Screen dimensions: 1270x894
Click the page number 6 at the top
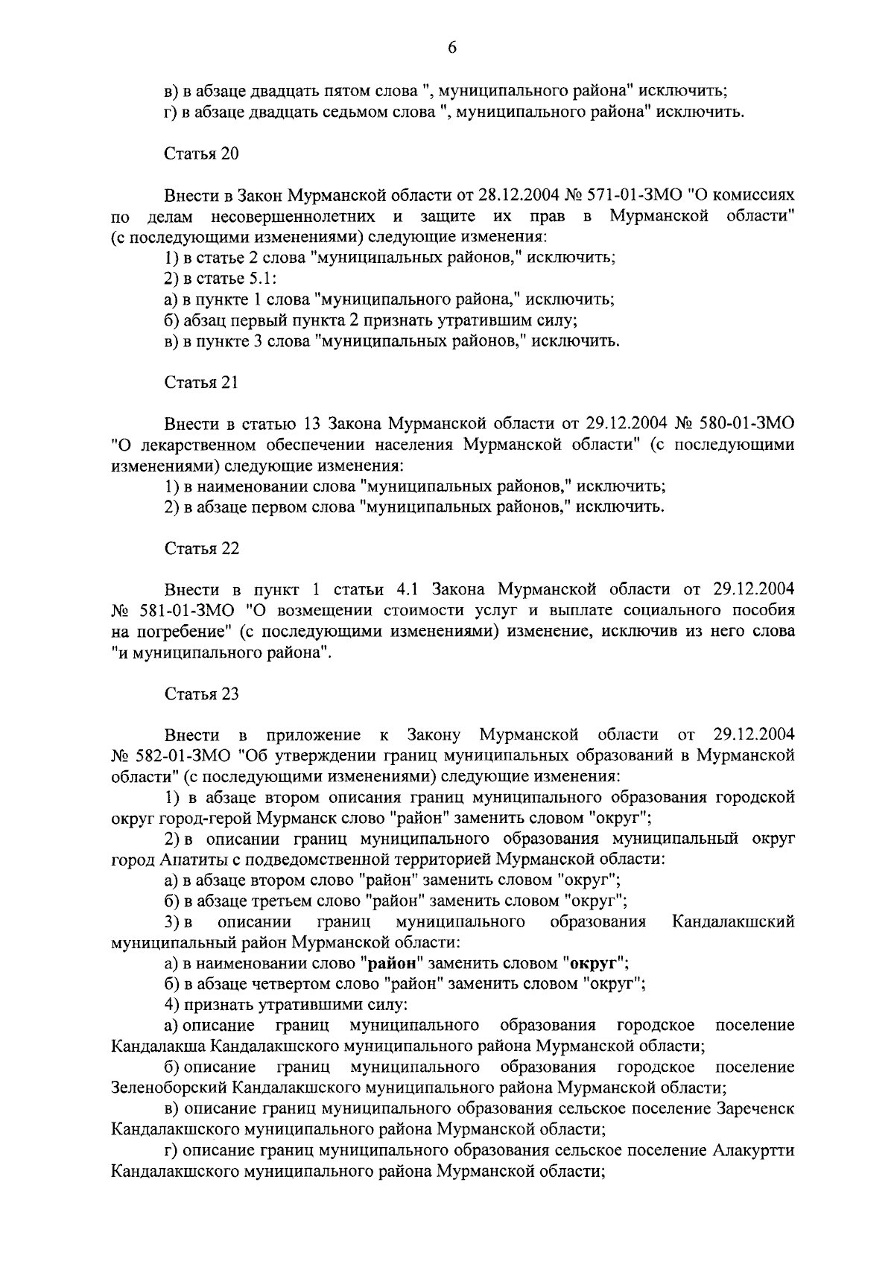point(451,48)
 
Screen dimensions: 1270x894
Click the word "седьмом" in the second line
point(364,112)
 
